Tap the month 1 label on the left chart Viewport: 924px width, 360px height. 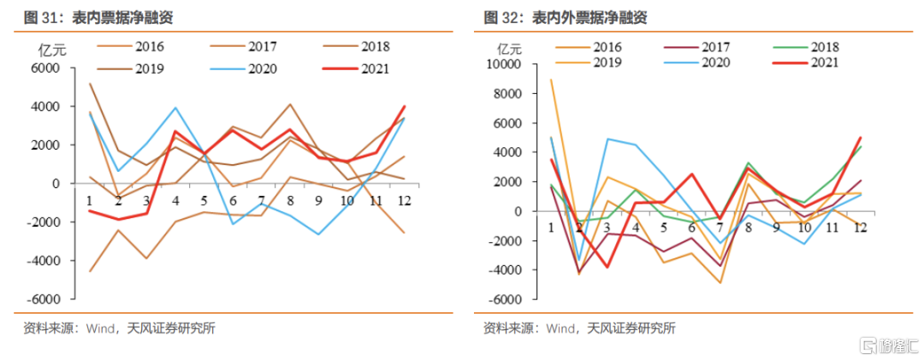88,200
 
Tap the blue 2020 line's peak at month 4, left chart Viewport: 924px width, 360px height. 175,108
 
